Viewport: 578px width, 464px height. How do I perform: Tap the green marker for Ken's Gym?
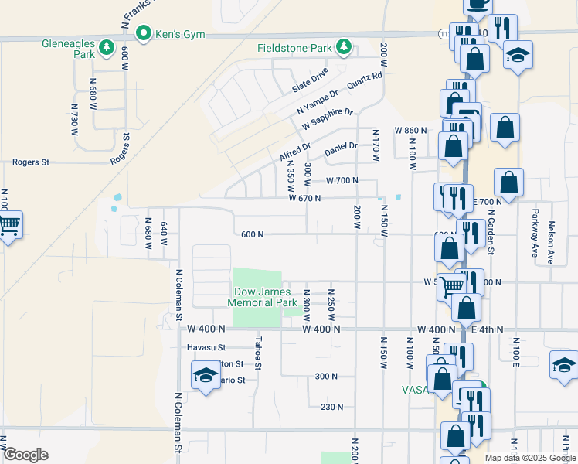pos(142,33)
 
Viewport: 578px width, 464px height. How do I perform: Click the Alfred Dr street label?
pos(294,152)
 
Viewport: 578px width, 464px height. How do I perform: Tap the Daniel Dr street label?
pos(341,147)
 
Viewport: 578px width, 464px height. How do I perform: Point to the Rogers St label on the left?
pos(30,162)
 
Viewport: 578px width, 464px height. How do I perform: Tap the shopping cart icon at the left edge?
pos(8,225)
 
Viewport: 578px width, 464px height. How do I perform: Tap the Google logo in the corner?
pos(25,455)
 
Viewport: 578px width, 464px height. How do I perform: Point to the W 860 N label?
pos(410,130)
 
